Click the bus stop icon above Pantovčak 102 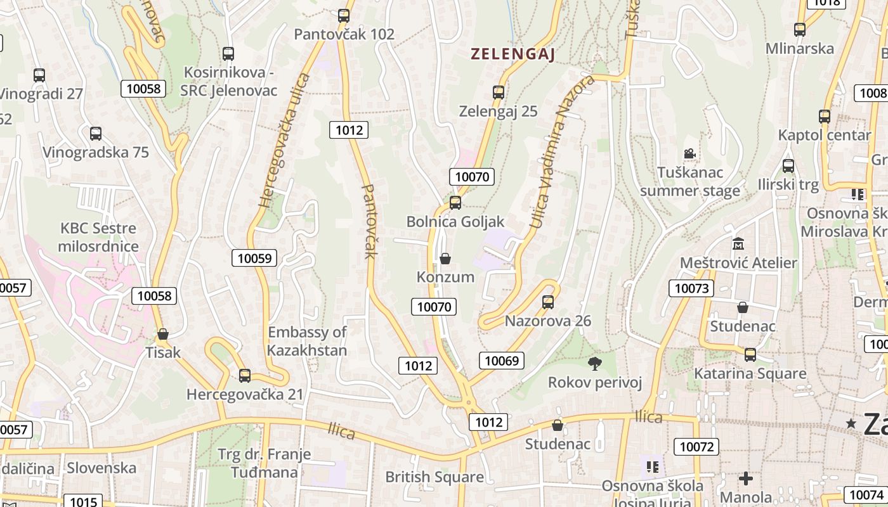click(x=344, y=16)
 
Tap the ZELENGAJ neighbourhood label click(x=513, y=55)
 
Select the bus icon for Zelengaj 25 click(x=499, y=93)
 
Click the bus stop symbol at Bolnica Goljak click(x=455, y=203)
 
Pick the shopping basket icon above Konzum click(x=445, y=259)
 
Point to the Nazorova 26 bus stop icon click(x=548, y=302)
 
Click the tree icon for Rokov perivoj click(x=594, y=363)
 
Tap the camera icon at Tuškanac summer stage click(x=689, y=153)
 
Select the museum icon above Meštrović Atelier click(x=738, y=244)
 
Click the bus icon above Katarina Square click(x=750, y=355)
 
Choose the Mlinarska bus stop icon click(x=800, y=29)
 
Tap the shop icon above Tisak click(x=163, y=334)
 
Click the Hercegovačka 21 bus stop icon click(x=245, y=376)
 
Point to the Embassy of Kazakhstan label click(x=307, y=341)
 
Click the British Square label click(x=434, y=477)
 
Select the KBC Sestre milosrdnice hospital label click(x=98, y=237)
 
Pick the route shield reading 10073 click(x=691, y=289)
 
